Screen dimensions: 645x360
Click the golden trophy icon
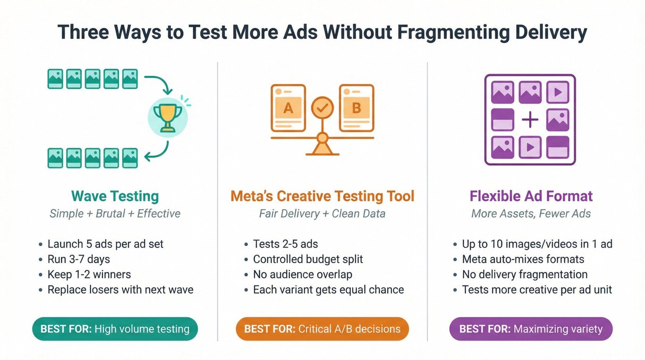click(x=168, y=118)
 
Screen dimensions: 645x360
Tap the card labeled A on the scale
click(x=288, y=108)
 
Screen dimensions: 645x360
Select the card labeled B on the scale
click(x=356, y=108)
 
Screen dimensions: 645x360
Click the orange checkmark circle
click(x=322, y=108)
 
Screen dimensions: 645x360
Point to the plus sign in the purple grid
click(x=530, y=120)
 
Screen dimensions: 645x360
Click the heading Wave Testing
click(x=115, y=197)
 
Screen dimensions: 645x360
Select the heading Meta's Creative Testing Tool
click(x=322, y=196)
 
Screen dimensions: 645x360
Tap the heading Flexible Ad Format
click(x=531, y=196)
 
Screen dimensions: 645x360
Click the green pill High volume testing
click(x=115, y=329)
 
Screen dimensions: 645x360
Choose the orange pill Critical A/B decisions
click(x=322, y=329)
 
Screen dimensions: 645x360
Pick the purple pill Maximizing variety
click(x=531, y=329)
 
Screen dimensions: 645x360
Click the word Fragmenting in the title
click(x=453, y=32)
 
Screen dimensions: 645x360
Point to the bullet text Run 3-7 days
click(x=78, y=259)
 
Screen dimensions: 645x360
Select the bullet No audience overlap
click(x=303, y=274)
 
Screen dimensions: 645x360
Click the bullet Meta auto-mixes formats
click(x=523, y=259)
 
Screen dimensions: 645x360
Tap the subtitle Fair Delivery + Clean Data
click(x=322, y=214)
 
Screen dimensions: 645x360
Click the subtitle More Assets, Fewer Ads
click(x=531, y=214)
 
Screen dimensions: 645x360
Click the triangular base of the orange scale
click(x=322, y=148)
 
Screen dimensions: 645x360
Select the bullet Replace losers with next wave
click(x=120, y=290)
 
